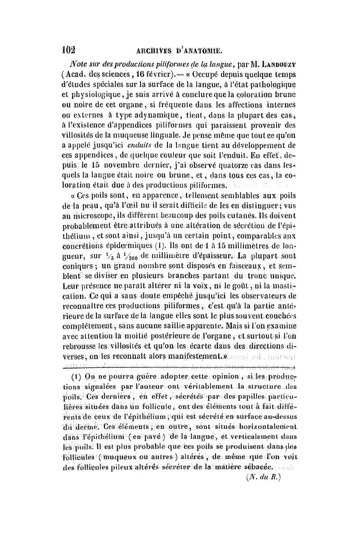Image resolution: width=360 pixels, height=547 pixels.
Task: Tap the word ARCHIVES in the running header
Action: [x=152, y=50]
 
